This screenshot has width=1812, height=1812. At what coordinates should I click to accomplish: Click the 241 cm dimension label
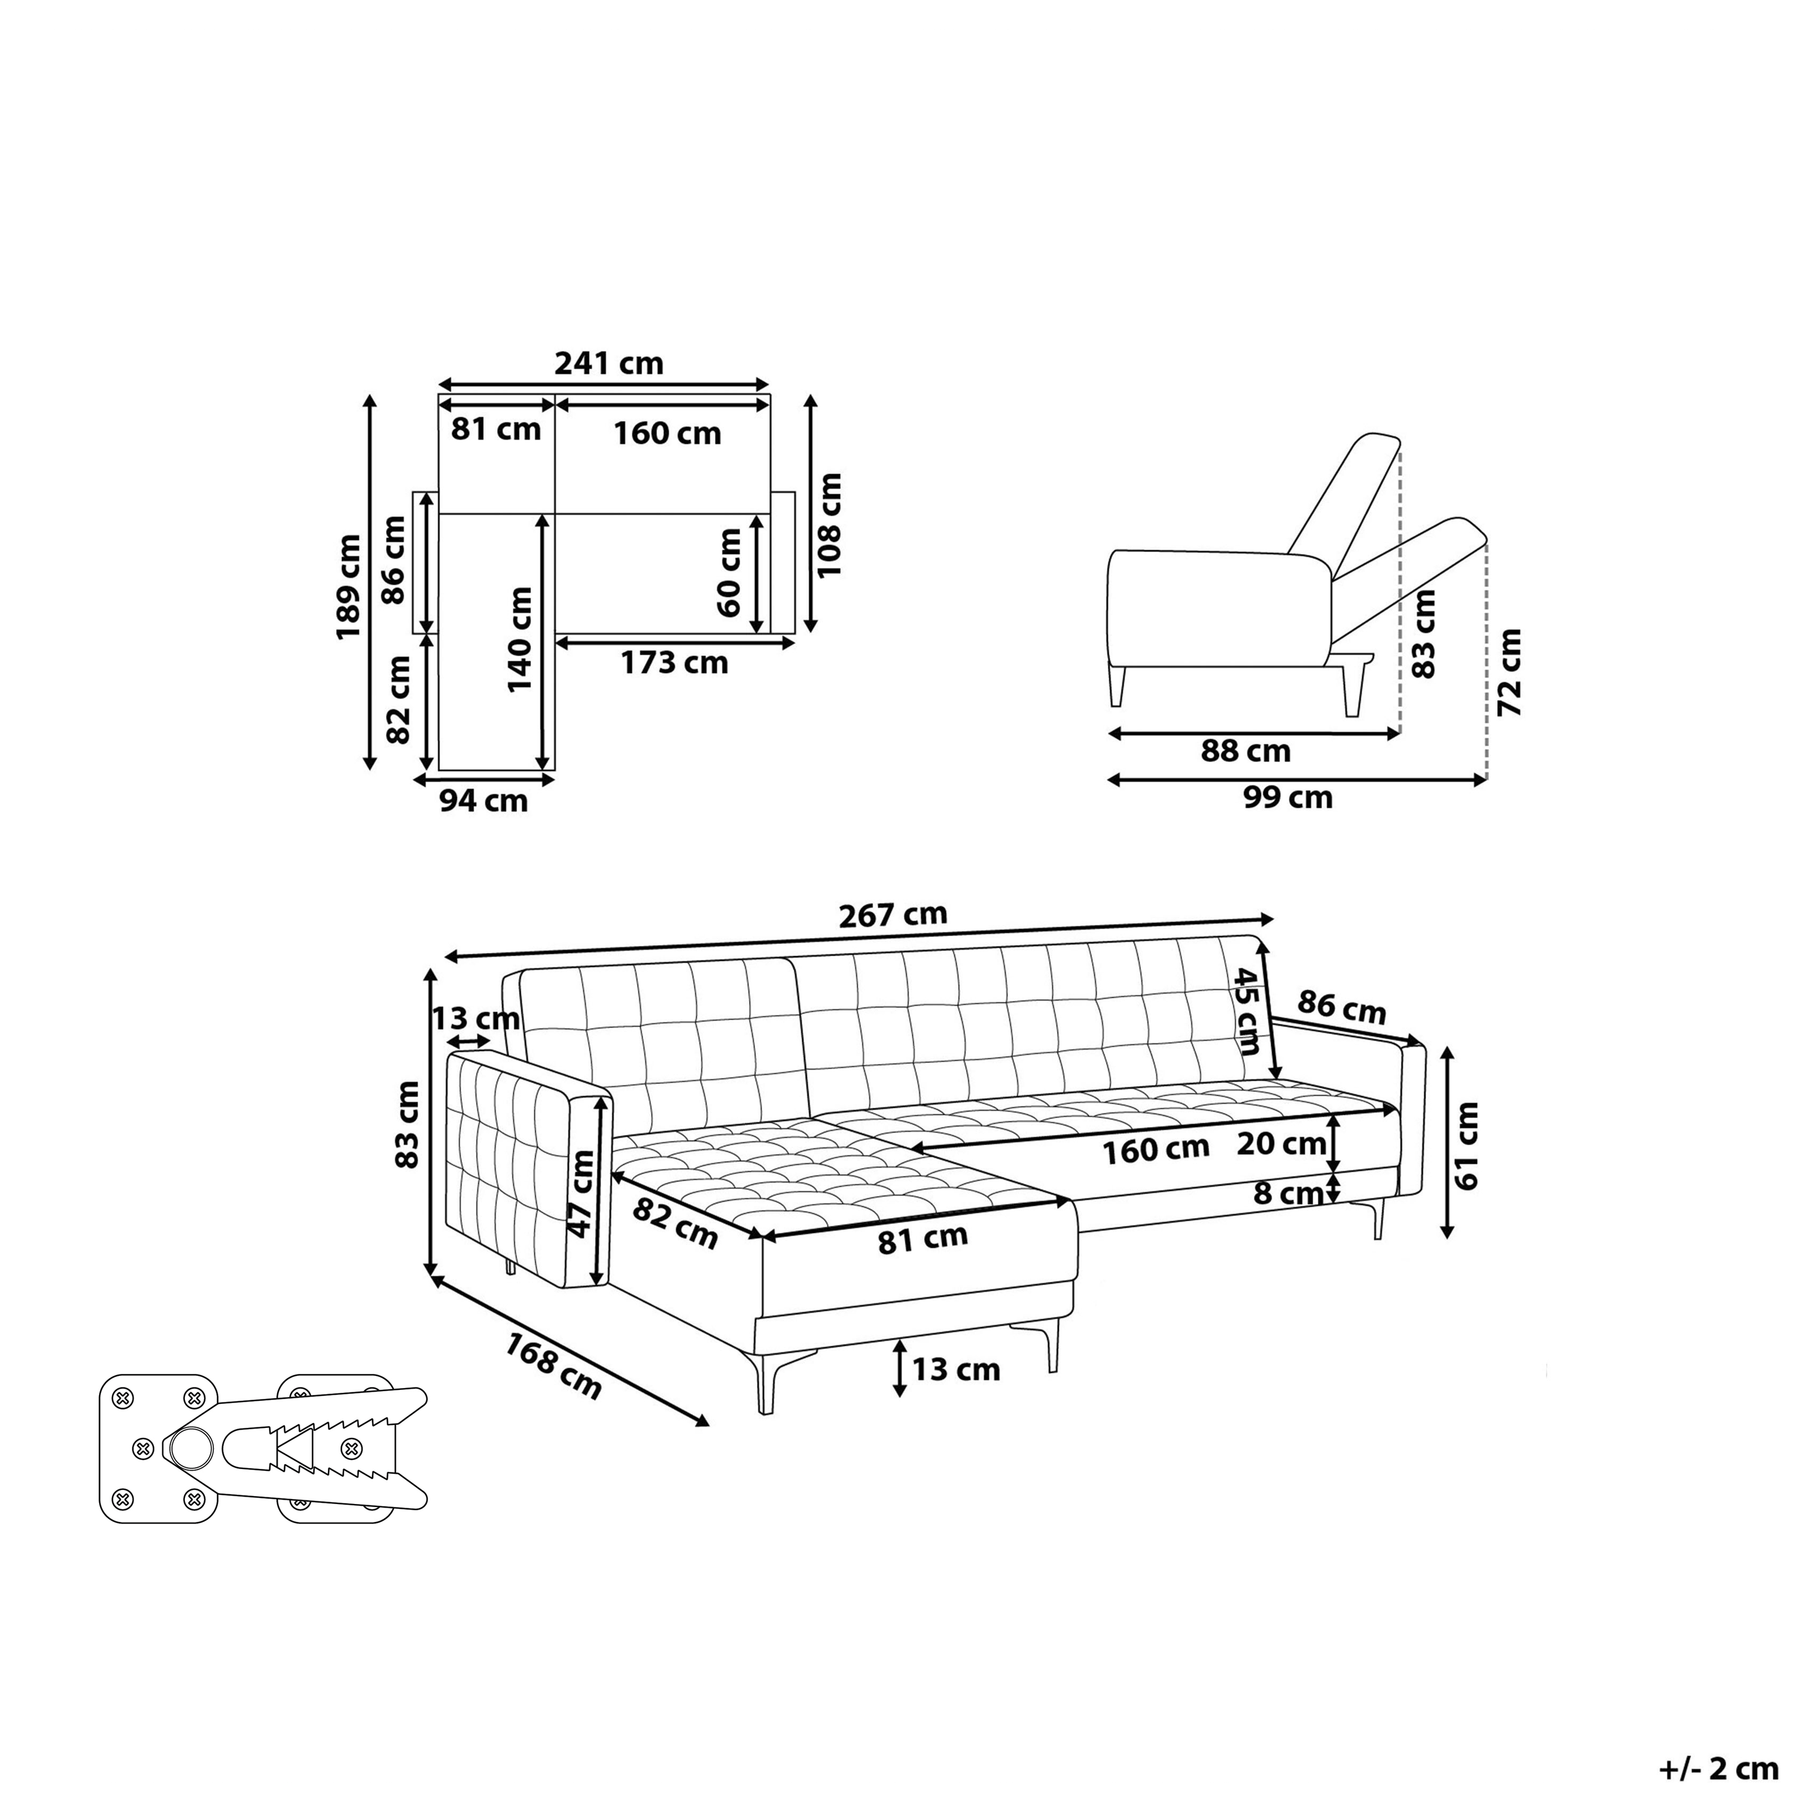(609, 363)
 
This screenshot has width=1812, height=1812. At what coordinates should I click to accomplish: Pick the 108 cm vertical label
(829, 525)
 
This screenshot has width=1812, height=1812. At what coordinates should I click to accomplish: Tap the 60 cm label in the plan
(729, 572)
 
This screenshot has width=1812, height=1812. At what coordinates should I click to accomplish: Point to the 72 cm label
(1509, 672)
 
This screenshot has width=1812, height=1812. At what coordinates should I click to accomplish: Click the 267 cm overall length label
(893, 914)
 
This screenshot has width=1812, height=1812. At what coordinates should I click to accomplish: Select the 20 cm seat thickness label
(1281, 1143)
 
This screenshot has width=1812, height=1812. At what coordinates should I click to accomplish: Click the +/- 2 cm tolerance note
(1718, 1769)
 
